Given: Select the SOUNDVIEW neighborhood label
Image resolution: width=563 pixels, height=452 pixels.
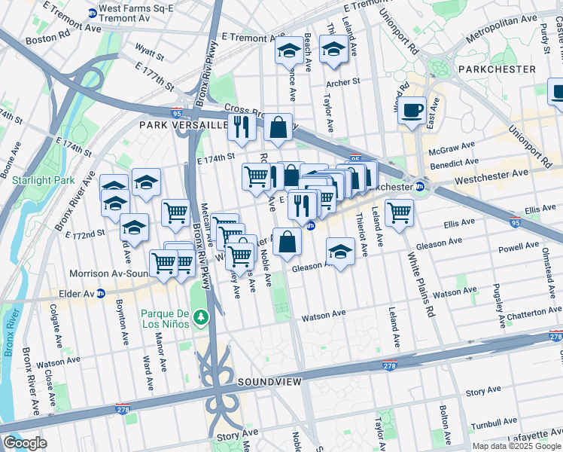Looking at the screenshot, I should (269, 383).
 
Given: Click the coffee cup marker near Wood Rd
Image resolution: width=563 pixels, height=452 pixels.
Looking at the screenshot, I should (412, 111).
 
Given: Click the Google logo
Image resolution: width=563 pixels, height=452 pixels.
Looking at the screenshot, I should (25, 443).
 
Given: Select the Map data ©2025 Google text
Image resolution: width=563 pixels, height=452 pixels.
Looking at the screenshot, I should (516, 446).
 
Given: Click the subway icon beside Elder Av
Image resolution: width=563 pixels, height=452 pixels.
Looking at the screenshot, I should (101, 293).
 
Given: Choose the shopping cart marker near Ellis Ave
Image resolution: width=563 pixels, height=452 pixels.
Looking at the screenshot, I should (399, 212).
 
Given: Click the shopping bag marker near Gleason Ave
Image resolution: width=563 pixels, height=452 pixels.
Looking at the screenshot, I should (287, 242).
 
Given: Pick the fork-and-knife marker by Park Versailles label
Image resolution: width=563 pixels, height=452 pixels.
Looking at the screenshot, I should (242, 127).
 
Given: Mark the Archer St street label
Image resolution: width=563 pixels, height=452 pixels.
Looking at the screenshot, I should (342, 83).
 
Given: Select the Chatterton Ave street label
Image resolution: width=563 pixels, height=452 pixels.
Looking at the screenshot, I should (530, 311).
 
